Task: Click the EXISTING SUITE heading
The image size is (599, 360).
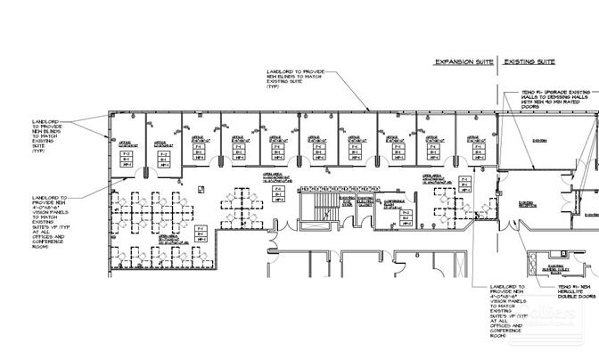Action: pyautogui.click(x=530, y=62)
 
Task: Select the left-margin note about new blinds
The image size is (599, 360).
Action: pyautogui.click(x=45, y=136)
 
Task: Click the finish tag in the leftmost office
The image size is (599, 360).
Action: pyautogui.click(x=127, y=159)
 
